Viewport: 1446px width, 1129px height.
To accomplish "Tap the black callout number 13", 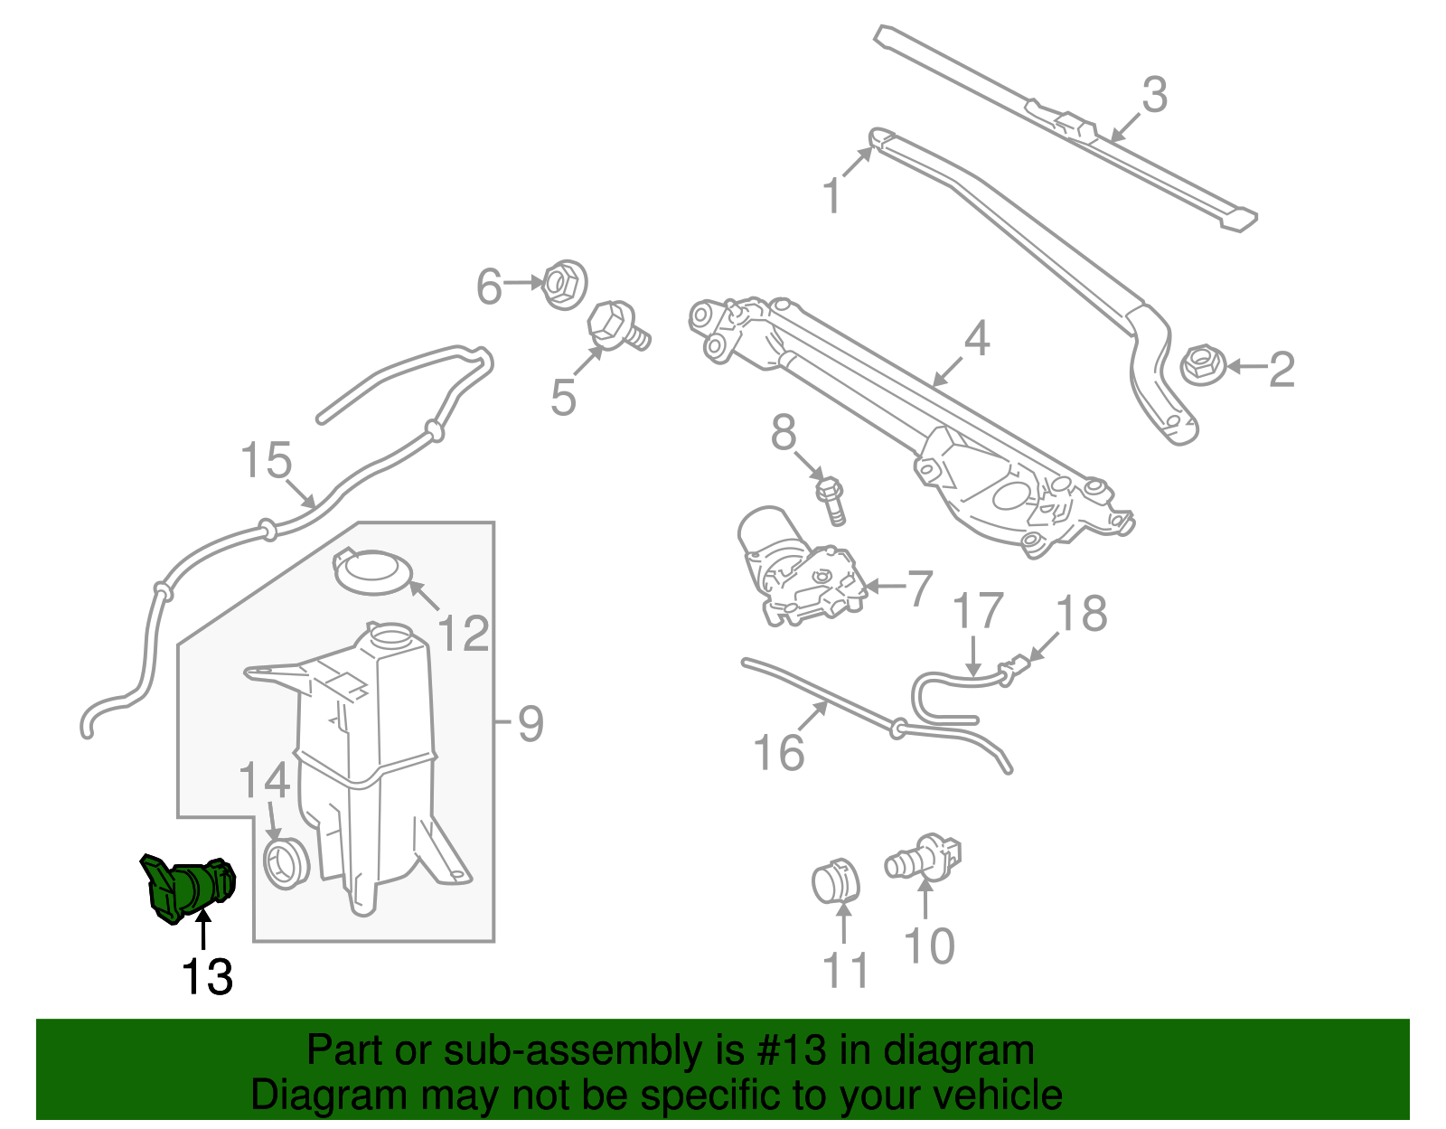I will (207, 977).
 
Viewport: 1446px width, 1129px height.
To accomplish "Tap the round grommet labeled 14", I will (285, 862).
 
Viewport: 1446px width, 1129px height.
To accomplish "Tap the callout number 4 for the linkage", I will (977, 338).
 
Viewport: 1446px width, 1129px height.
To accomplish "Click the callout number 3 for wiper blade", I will (1154, 95).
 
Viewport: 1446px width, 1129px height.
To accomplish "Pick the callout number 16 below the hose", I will (778, 752).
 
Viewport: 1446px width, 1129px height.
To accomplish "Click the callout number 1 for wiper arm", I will (832, 196).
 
